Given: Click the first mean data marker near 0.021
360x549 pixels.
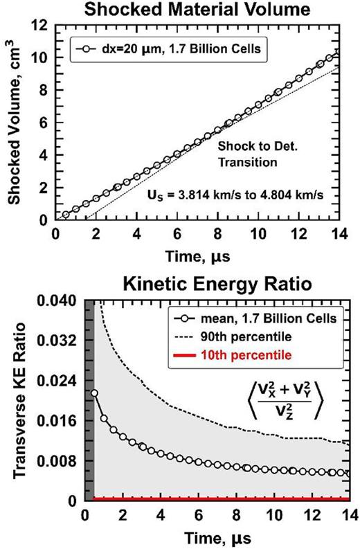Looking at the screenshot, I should pos(94,393).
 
